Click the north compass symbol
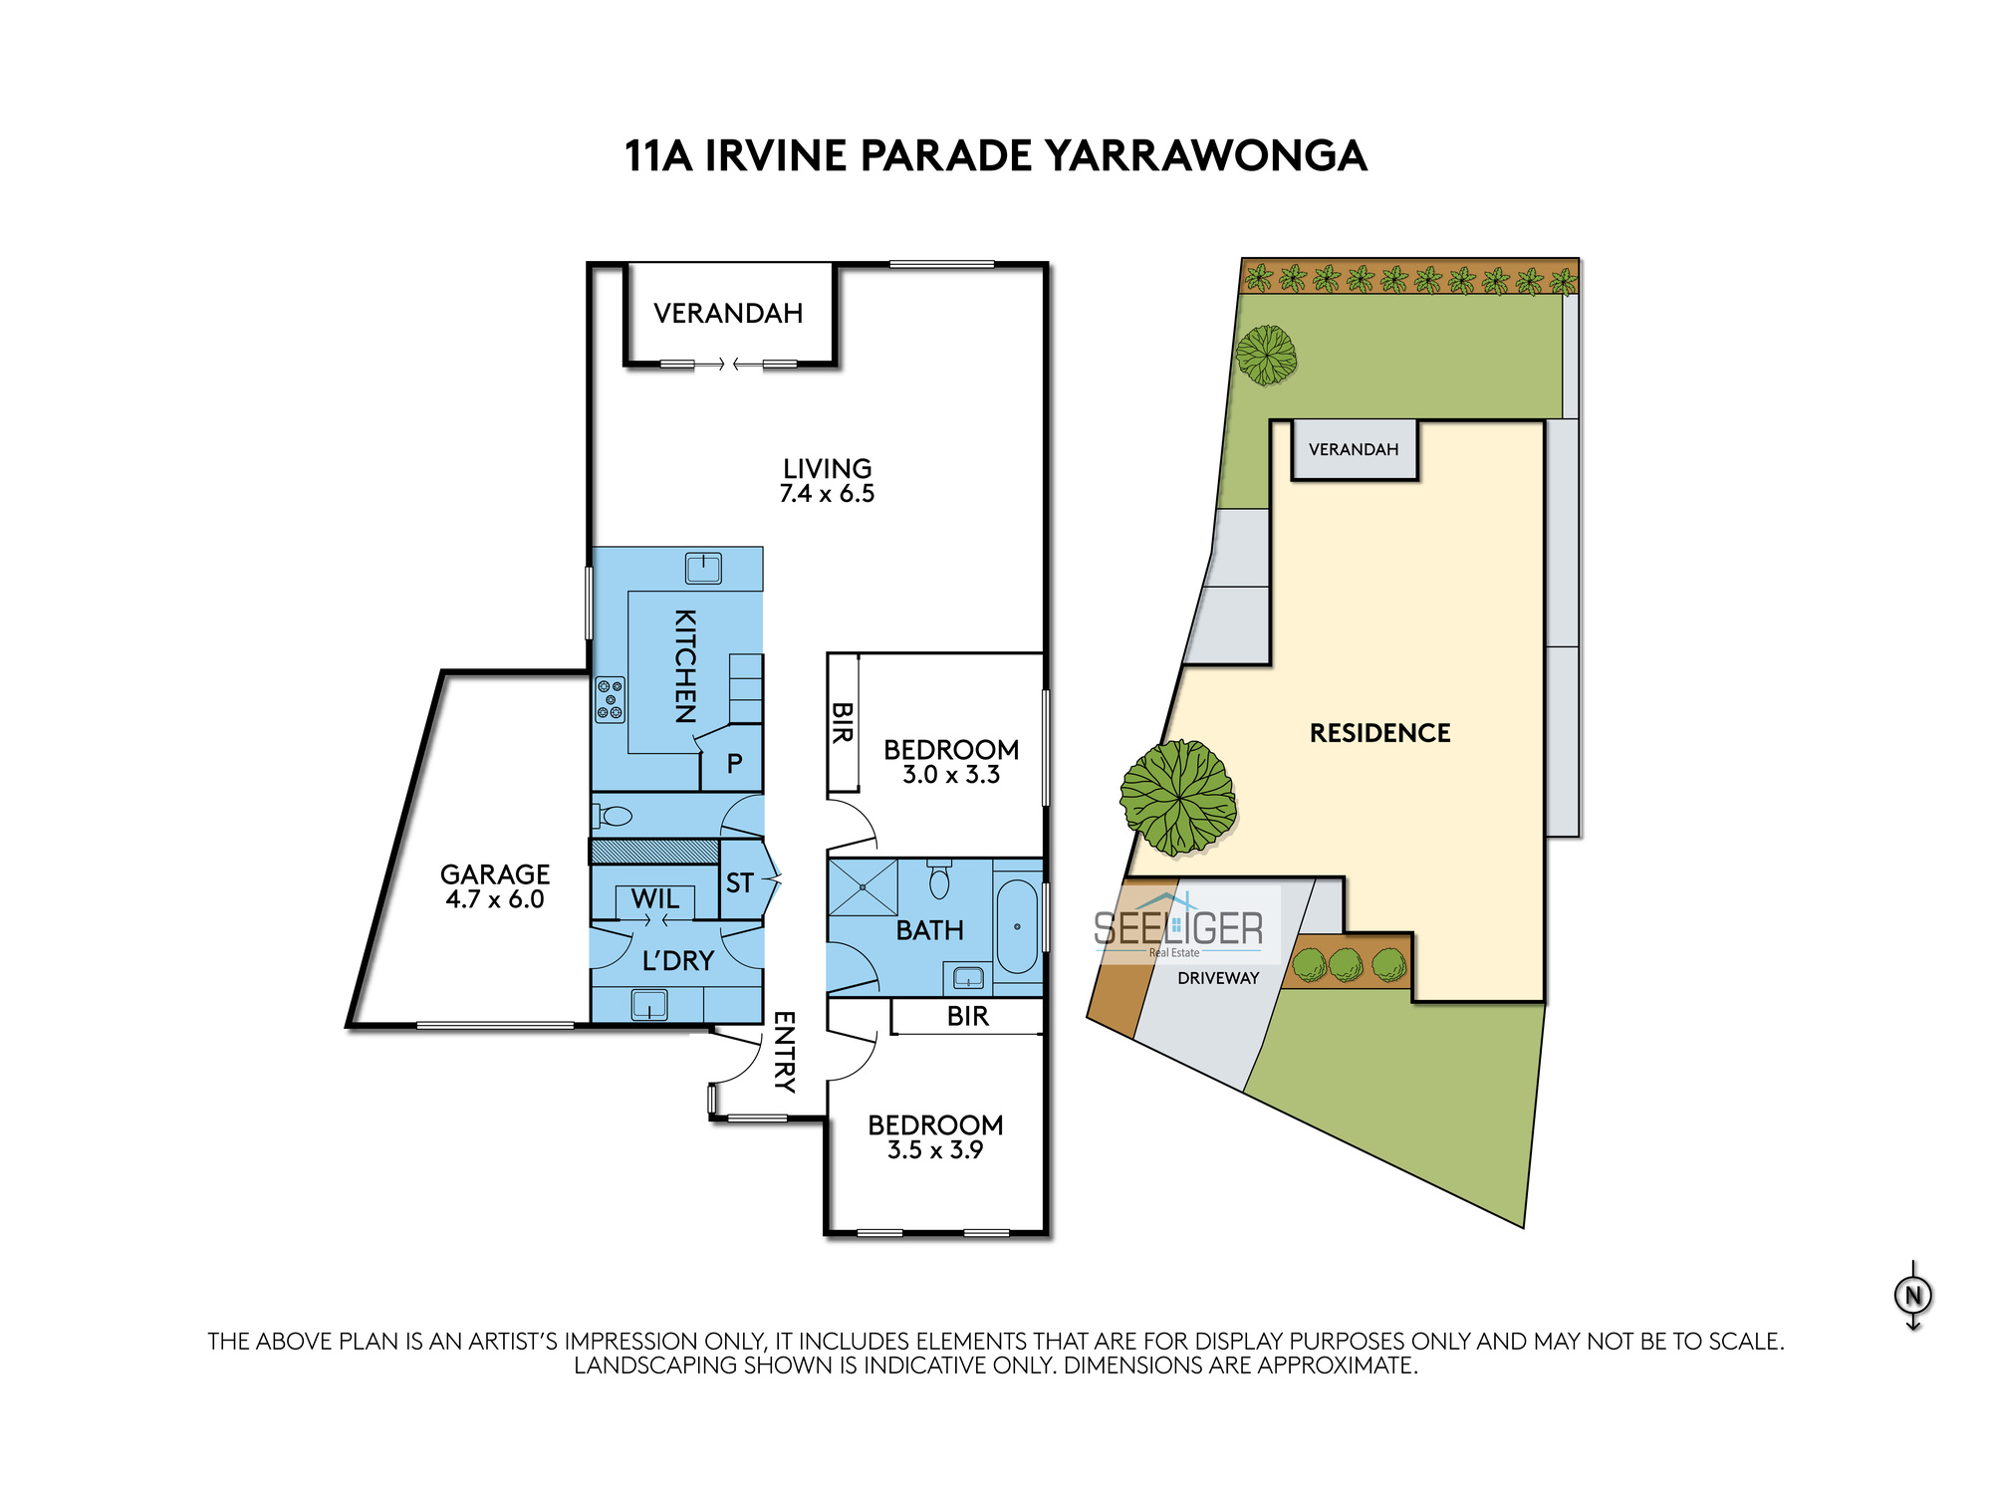(x=1912, y=1296)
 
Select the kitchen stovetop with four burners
(x=611, y=699)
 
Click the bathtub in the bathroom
(x=1017, y=926)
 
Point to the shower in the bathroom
(x=863, y=886)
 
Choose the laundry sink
(x=649, y=1004)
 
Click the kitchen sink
(x=703, y=569)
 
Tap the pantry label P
(x=734, y=764)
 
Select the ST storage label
(x=739, y=883)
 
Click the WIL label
(x=654, y=898)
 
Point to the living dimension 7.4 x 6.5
(x=827, y=494)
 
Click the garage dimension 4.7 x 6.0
(x=494, y=899)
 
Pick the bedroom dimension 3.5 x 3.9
(x=935, y=1150)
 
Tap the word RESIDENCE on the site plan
(x=1379, y=733)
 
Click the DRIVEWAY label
(x=1218, y=978)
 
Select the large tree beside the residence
(x=1178, y=798)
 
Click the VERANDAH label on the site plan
(x=1354, y=449)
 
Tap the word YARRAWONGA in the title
(x=1205, y=156)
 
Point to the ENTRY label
(x=785, y=1052)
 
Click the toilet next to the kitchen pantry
(x=614, y=817)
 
